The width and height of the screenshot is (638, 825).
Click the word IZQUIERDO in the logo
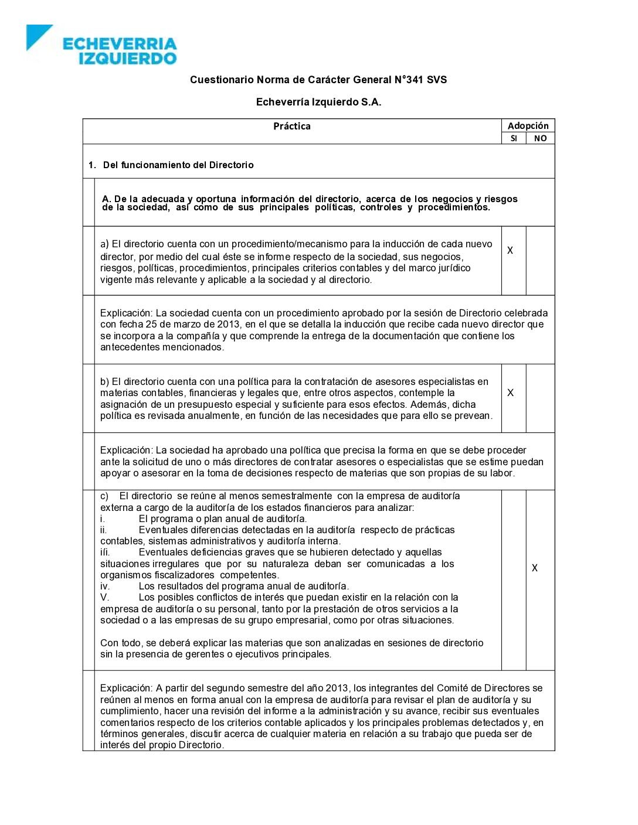coord(127,58)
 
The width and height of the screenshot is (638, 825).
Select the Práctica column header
coord(291,126)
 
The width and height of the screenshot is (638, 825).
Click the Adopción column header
coord(528,125)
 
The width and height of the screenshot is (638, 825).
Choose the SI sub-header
coord(514,138)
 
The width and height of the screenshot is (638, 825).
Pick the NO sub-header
coord(540,138)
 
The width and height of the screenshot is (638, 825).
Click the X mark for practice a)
coord(510,250)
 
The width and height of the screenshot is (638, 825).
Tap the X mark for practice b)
coord(510,393)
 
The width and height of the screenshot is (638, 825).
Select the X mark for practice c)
coord(535,568)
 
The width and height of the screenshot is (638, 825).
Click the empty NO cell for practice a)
coord(540,261)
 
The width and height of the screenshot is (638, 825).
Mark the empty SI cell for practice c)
coord(514,579)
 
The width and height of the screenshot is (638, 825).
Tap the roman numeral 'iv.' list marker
coord(105,586)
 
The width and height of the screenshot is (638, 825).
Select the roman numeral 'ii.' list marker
coord(103,530)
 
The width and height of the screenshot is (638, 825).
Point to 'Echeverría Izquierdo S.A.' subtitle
coord(318,102)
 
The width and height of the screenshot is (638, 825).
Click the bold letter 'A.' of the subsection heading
coord(107,199)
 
